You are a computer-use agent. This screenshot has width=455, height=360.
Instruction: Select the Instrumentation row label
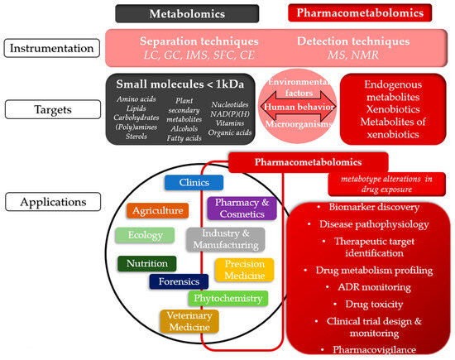point(51,49)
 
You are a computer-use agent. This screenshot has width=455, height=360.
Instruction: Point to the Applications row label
point(51,200)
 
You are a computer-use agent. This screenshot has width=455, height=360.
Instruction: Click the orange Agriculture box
point(157,210)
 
